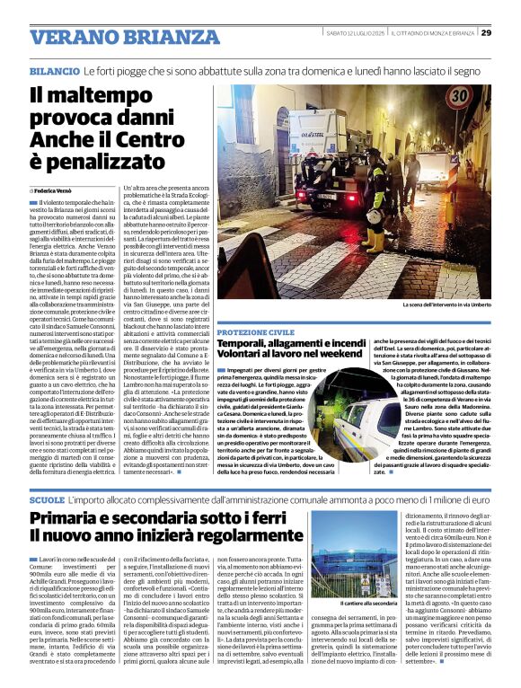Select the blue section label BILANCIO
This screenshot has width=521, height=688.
click(x=54, y=69)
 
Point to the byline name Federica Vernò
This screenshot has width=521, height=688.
click(x=57, y=191)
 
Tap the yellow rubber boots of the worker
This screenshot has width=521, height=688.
click(x=369, y=239)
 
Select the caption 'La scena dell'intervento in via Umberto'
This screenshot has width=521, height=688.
click(x=442, y=305)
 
